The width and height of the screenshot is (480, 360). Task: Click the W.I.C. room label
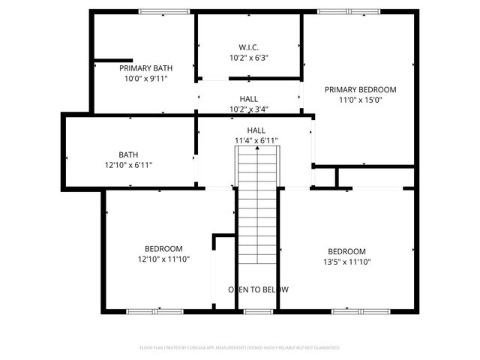(x=248, y=46)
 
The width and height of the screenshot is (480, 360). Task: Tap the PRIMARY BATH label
(x=141, y=67)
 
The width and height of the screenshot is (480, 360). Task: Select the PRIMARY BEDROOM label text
(x=360, y=89)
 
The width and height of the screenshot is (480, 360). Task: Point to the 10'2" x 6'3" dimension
(x=248, y=56)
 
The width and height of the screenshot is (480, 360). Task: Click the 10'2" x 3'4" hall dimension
(x=249, y=109)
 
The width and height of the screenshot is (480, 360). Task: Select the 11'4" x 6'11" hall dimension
(x=256, y=140)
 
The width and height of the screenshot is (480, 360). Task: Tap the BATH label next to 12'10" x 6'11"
(x=128, y=155)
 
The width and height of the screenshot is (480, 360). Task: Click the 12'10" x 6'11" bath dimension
(x=128, y=165)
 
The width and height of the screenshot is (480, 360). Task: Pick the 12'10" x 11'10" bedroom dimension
(x=163, y=259)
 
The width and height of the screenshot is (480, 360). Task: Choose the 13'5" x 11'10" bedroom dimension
(x=346, y=262)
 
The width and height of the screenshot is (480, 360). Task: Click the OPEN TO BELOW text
(x=258, y=289)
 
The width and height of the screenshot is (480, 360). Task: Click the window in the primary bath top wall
(x=164, y=11)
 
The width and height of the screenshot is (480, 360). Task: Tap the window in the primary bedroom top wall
(x=349, y=11)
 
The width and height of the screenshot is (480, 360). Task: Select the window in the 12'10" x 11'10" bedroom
(x=154, y=310)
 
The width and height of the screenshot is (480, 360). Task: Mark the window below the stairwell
(x=258, y=310)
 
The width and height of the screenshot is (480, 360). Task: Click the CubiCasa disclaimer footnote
(x=240, y=348)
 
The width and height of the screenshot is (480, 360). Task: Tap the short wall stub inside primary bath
(x=112, y=60)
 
